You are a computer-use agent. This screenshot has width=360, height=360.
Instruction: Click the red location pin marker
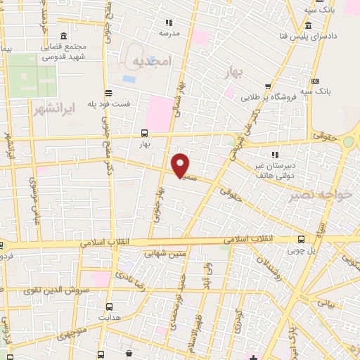(x=181, y=165)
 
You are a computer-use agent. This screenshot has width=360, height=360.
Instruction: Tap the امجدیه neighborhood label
(x=151, y=62)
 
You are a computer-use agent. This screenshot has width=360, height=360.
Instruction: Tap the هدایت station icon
(x=109, y=307)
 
